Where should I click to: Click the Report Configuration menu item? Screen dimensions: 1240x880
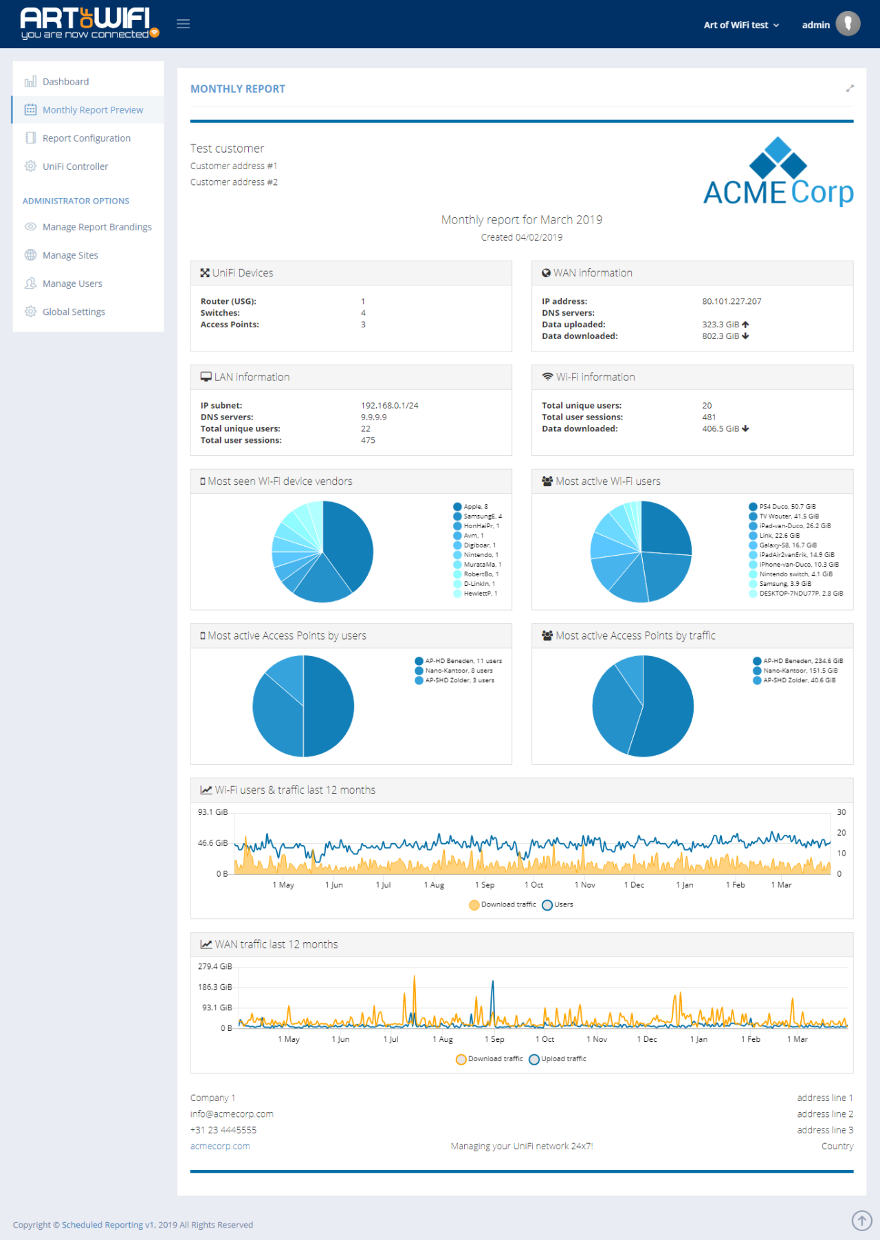click(x=86, y=138)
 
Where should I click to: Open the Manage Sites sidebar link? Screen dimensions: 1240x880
click(x=70, y=255)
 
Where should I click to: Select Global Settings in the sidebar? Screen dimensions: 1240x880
click(x=74, y=312)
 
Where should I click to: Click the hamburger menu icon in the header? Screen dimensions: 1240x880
click(x=183, y=24)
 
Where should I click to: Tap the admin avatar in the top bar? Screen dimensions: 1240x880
click(x=848, y=24)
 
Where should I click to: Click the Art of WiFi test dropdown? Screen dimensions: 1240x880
click(x=740, y=25)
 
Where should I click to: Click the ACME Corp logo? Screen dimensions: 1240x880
click(x=778, y=172)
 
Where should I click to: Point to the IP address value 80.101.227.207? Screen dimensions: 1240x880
click(x=731, y=301)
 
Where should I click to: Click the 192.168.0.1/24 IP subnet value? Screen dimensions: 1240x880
click(x=389, y=406)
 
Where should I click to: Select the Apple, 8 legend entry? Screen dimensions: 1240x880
click(x=474, y=507)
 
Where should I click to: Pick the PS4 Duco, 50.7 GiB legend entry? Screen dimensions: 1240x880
click(x=786, y=507)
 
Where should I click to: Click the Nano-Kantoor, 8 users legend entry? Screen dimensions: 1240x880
click(x=458, y=671)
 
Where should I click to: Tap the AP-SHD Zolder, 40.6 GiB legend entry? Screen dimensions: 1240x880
click(x=799, y=680)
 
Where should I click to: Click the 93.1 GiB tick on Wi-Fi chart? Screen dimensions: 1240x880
click(x=212, y=812)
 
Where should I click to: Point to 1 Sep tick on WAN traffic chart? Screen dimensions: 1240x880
click(x=494, y=1039)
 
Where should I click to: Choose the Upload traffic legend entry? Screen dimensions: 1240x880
click(x=562, y=1059)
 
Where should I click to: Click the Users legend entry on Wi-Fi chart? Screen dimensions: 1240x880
click(x=562, y=904)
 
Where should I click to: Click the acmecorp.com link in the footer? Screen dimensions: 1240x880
click(x=220, y=1146)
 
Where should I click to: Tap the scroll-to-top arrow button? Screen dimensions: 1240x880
click(x=861, y=1220)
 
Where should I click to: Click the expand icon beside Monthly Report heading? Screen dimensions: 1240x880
click(x=850, y=89)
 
